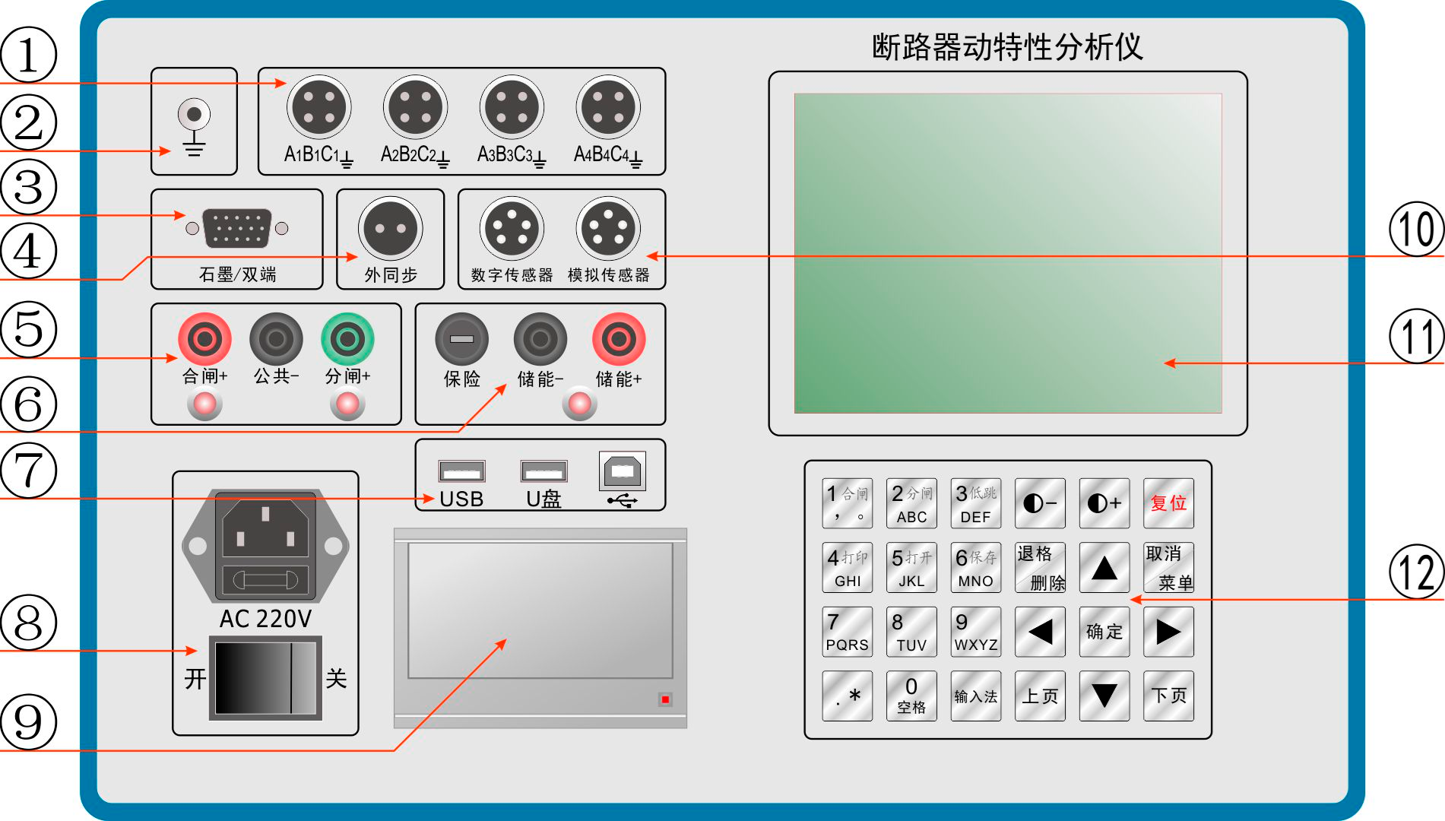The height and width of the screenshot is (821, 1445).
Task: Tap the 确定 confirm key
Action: pyautogui.click(x=1104, y=631)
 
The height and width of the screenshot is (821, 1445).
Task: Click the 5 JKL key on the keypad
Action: pyautogui.click(x=911, y=567)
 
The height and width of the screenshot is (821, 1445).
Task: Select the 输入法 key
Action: pyautogui.click(x=975, y=696)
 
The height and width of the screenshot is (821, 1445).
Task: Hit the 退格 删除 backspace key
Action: pyautogui.click(x=1040, y=567)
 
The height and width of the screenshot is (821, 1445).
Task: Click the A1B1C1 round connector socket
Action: pyautogui.click(x=319, y=107)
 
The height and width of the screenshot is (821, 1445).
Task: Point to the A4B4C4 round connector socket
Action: pyautogui.click(x=608, y=107)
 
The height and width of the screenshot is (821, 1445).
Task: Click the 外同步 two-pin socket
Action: pyautogui.click(x=391, y=228)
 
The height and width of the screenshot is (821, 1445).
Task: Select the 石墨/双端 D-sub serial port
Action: pyautogui.click(x=237, y=228)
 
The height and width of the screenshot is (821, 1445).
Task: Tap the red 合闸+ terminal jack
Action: pyautogui.click(x=204, y=338)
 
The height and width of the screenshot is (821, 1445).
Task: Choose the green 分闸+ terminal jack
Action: pyautogui.click(x=347, y=338)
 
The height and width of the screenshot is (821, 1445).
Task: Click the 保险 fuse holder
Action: pyautogui.click(x=461, y=339)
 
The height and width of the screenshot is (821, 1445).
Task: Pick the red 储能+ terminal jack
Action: pyautogui.click(x=619, y=339)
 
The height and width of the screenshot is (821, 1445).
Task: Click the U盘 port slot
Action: pyautogui.click(x=543, y=471)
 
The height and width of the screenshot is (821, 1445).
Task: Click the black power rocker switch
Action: pyautogui.click(x=265, y=677)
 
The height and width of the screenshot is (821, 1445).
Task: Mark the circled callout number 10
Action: pyautogui.click(x=1416, y=229)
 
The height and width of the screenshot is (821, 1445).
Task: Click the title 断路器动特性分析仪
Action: pyautogui.click(x=1007, y=46)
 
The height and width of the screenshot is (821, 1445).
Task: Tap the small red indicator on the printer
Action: pyautogui.click(x=665, y=699)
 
